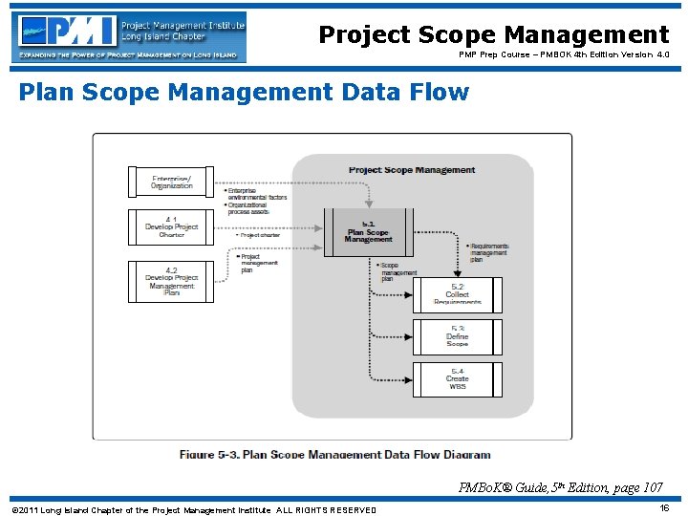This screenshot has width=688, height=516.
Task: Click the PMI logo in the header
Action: (129, 36)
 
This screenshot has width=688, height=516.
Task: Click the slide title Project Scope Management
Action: (493, 35)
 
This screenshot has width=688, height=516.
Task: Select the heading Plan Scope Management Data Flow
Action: (244, 93)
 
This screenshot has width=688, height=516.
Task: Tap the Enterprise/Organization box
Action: (171, 182)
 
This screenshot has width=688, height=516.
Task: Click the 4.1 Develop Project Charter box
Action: (171, 227)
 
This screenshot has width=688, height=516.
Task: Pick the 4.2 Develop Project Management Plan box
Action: (171, 281)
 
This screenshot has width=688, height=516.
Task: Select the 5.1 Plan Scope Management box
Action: (368, 232)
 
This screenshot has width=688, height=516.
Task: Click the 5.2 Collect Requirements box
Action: (457, 294)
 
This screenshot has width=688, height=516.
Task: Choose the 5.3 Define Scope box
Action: (457, 336)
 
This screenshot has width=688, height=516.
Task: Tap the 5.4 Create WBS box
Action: (457, 378)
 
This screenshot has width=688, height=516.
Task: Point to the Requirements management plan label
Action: (489, 251)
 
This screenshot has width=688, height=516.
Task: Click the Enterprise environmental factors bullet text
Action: (256, 194)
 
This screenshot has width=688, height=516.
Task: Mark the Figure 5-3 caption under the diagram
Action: (334, 454)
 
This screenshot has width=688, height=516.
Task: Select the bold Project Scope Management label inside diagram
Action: (411, 170)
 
